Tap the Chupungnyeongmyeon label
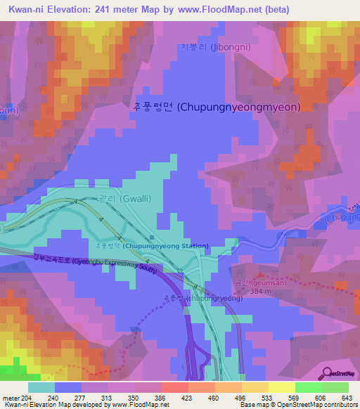(216, 108)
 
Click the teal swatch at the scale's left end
(41, 387)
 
